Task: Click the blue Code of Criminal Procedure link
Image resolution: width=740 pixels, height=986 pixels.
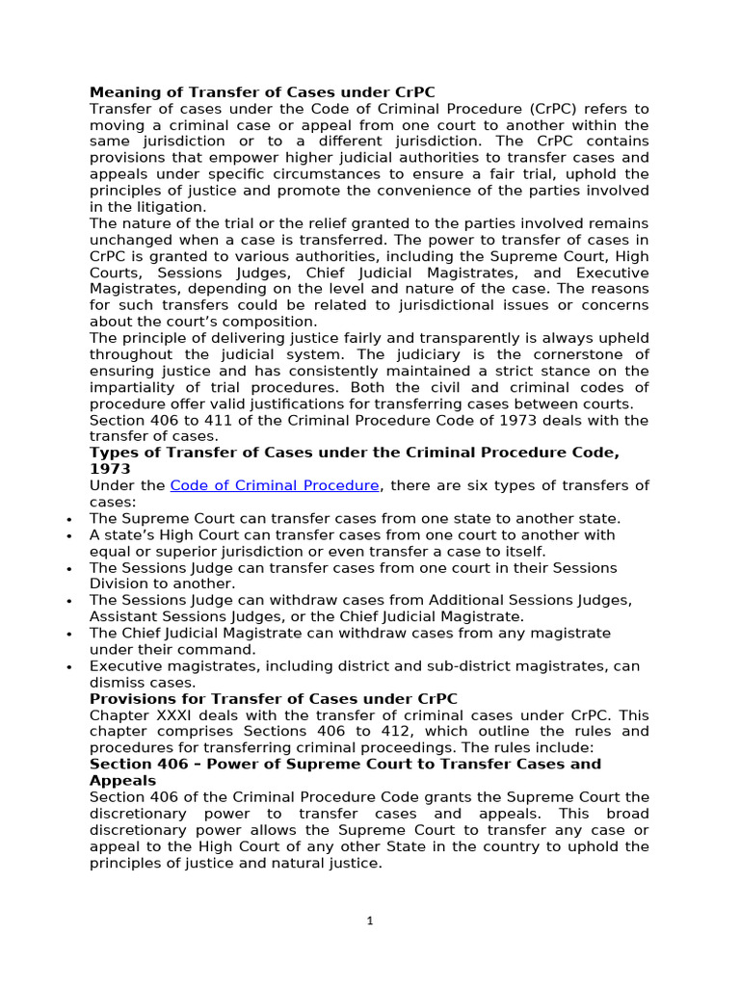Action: [x=276, y=485]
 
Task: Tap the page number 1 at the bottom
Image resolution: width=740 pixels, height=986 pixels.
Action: [x=370, y=921]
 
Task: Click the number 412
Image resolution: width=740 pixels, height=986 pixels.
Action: [x=381, y=731]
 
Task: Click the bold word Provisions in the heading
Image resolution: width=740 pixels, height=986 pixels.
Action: [x=130, y=698]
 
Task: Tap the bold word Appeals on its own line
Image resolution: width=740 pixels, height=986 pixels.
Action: [x=122, y=780]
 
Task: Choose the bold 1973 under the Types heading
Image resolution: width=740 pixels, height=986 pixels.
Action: [x=109, y=469]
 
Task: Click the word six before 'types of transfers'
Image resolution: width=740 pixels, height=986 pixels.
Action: [x=490, y=485]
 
